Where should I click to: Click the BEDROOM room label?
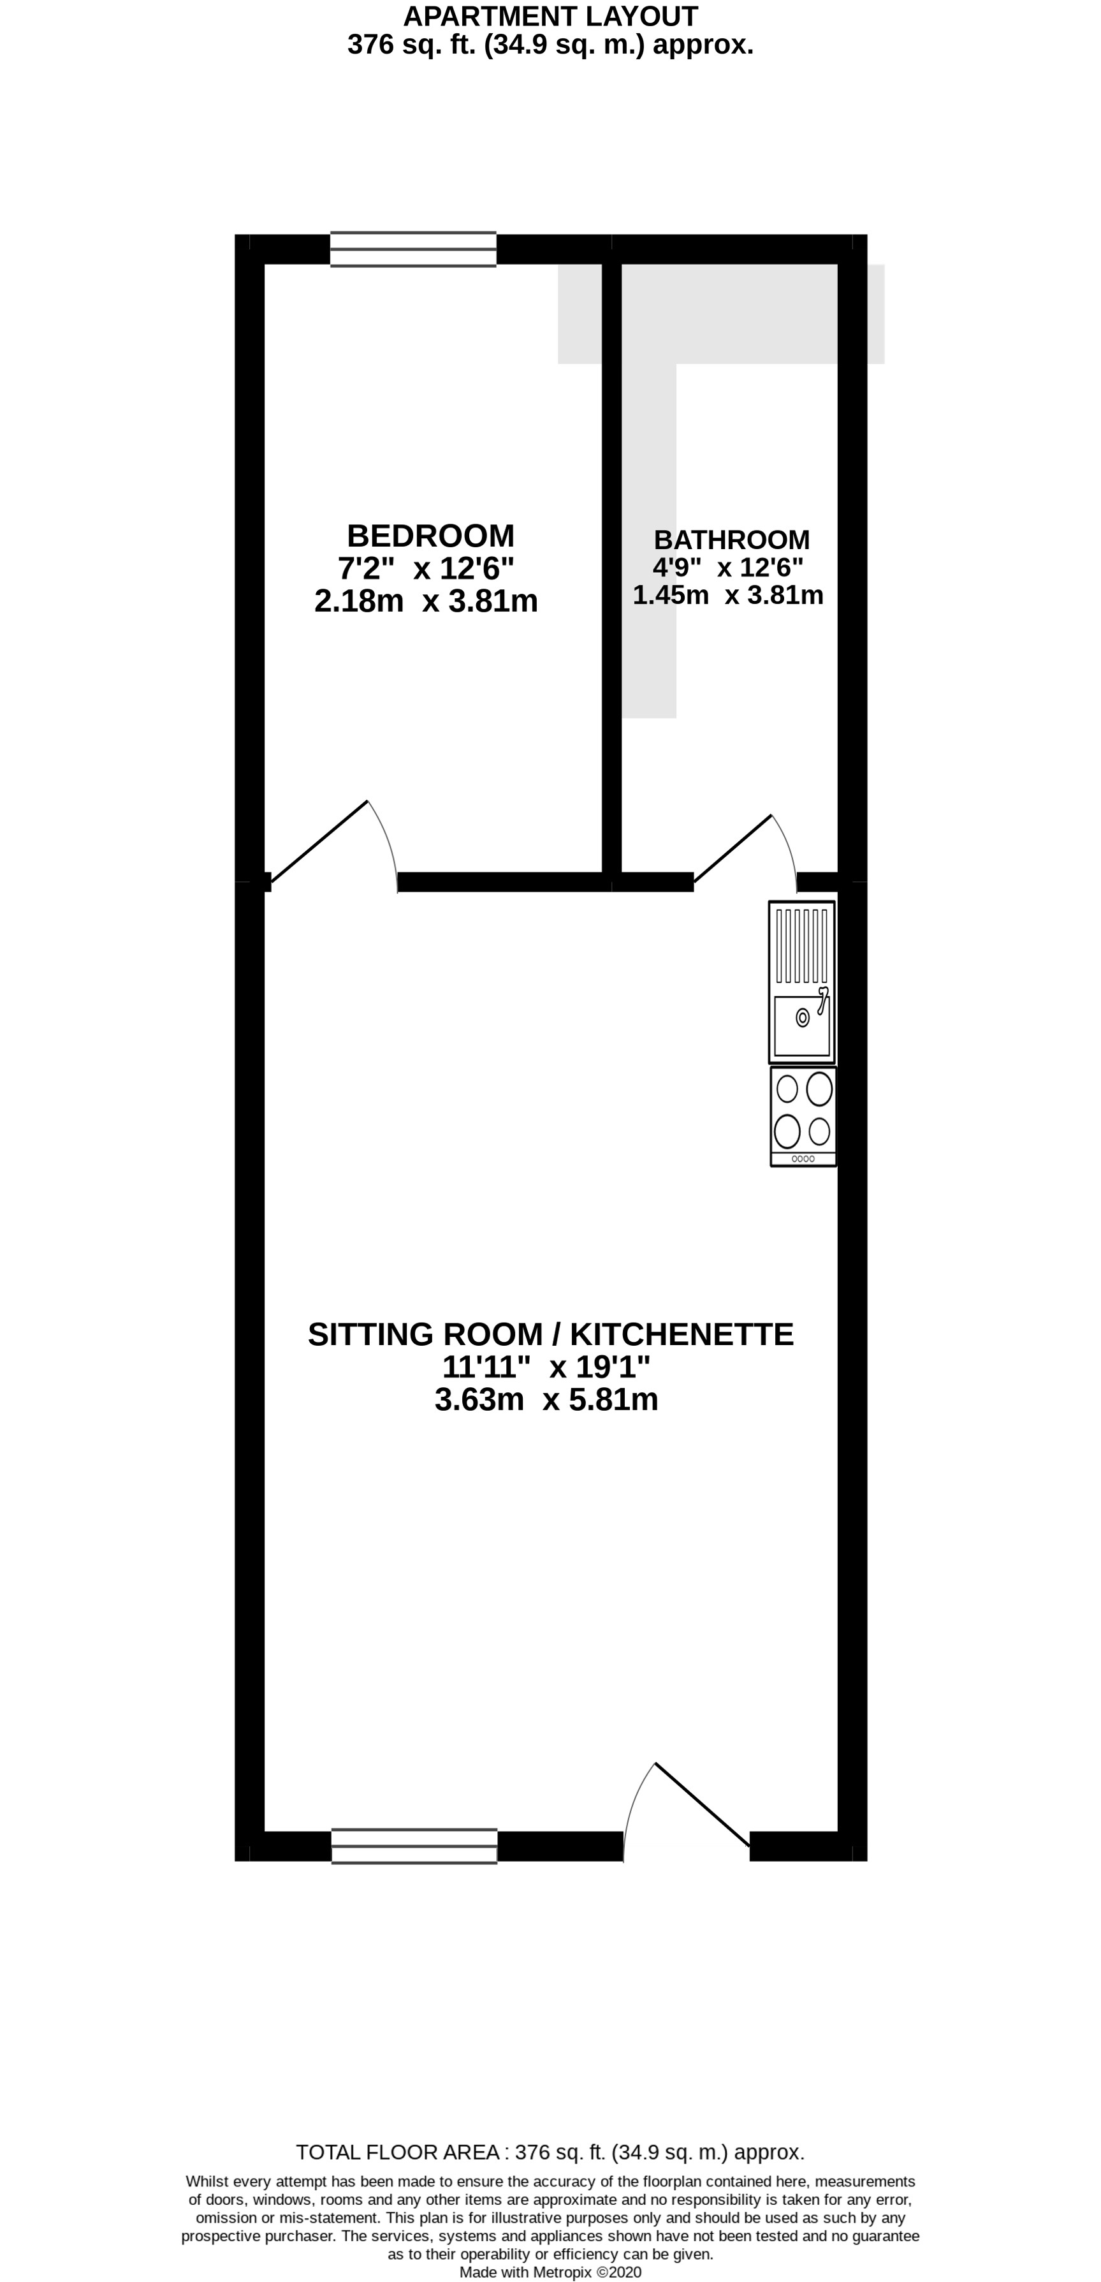(x=430, y=536)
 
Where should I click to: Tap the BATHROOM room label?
(x=732, y=540)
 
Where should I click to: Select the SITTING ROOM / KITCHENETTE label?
(x=550, y=1334)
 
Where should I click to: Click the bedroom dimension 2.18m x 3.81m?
(x=426, y=601)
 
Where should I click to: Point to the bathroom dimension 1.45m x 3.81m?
(x=728, y=595)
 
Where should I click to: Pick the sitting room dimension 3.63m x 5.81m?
(x=546, y=1401)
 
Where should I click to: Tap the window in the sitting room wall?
(x=414, y=1846)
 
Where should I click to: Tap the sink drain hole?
(x=803, y=1019)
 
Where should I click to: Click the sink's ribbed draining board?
(x=803, y=946)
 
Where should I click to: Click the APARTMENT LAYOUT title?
(x=550, y=16)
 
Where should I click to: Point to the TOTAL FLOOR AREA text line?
(x=550, y=2153)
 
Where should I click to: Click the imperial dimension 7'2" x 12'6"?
(x=426, y=568)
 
